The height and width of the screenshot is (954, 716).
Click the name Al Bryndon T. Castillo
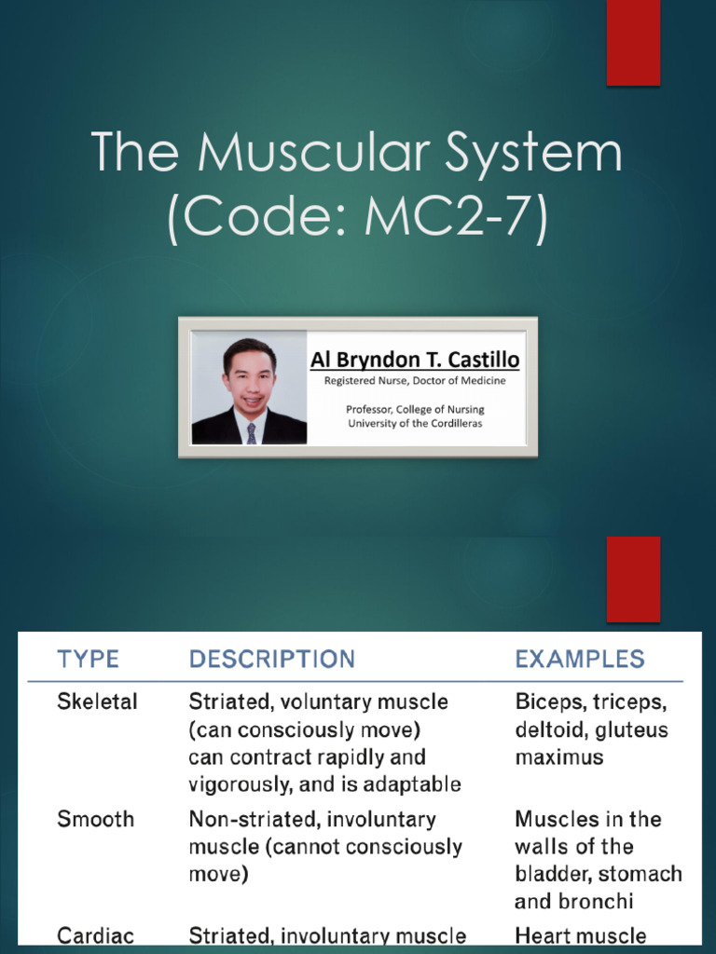(x=414, y=360)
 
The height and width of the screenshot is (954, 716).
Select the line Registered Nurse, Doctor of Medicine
(x=414, y=380)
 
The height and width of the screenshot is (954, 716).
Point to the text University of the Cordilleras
(x=414, y=423)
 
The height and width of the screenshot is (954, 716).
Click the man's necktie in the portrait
(x=251, y=432)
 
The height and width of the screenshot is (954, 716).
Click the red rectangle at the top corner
(x=634, y=42)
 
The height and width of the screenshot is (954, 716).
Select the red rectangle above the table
(x=634, y=579)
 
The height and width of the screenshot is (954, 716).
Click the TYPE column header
(x=88, y=660)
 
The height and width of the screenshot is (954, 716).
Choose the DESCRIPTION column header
(x=271, y=660)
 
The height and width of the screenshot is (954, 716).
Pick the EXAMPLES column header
(x=579, y=660)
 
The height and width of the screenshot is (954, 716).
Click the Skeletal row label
(x=97, y=702)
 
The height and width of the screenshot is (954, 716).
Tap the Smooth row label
(x=95, y=819)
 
